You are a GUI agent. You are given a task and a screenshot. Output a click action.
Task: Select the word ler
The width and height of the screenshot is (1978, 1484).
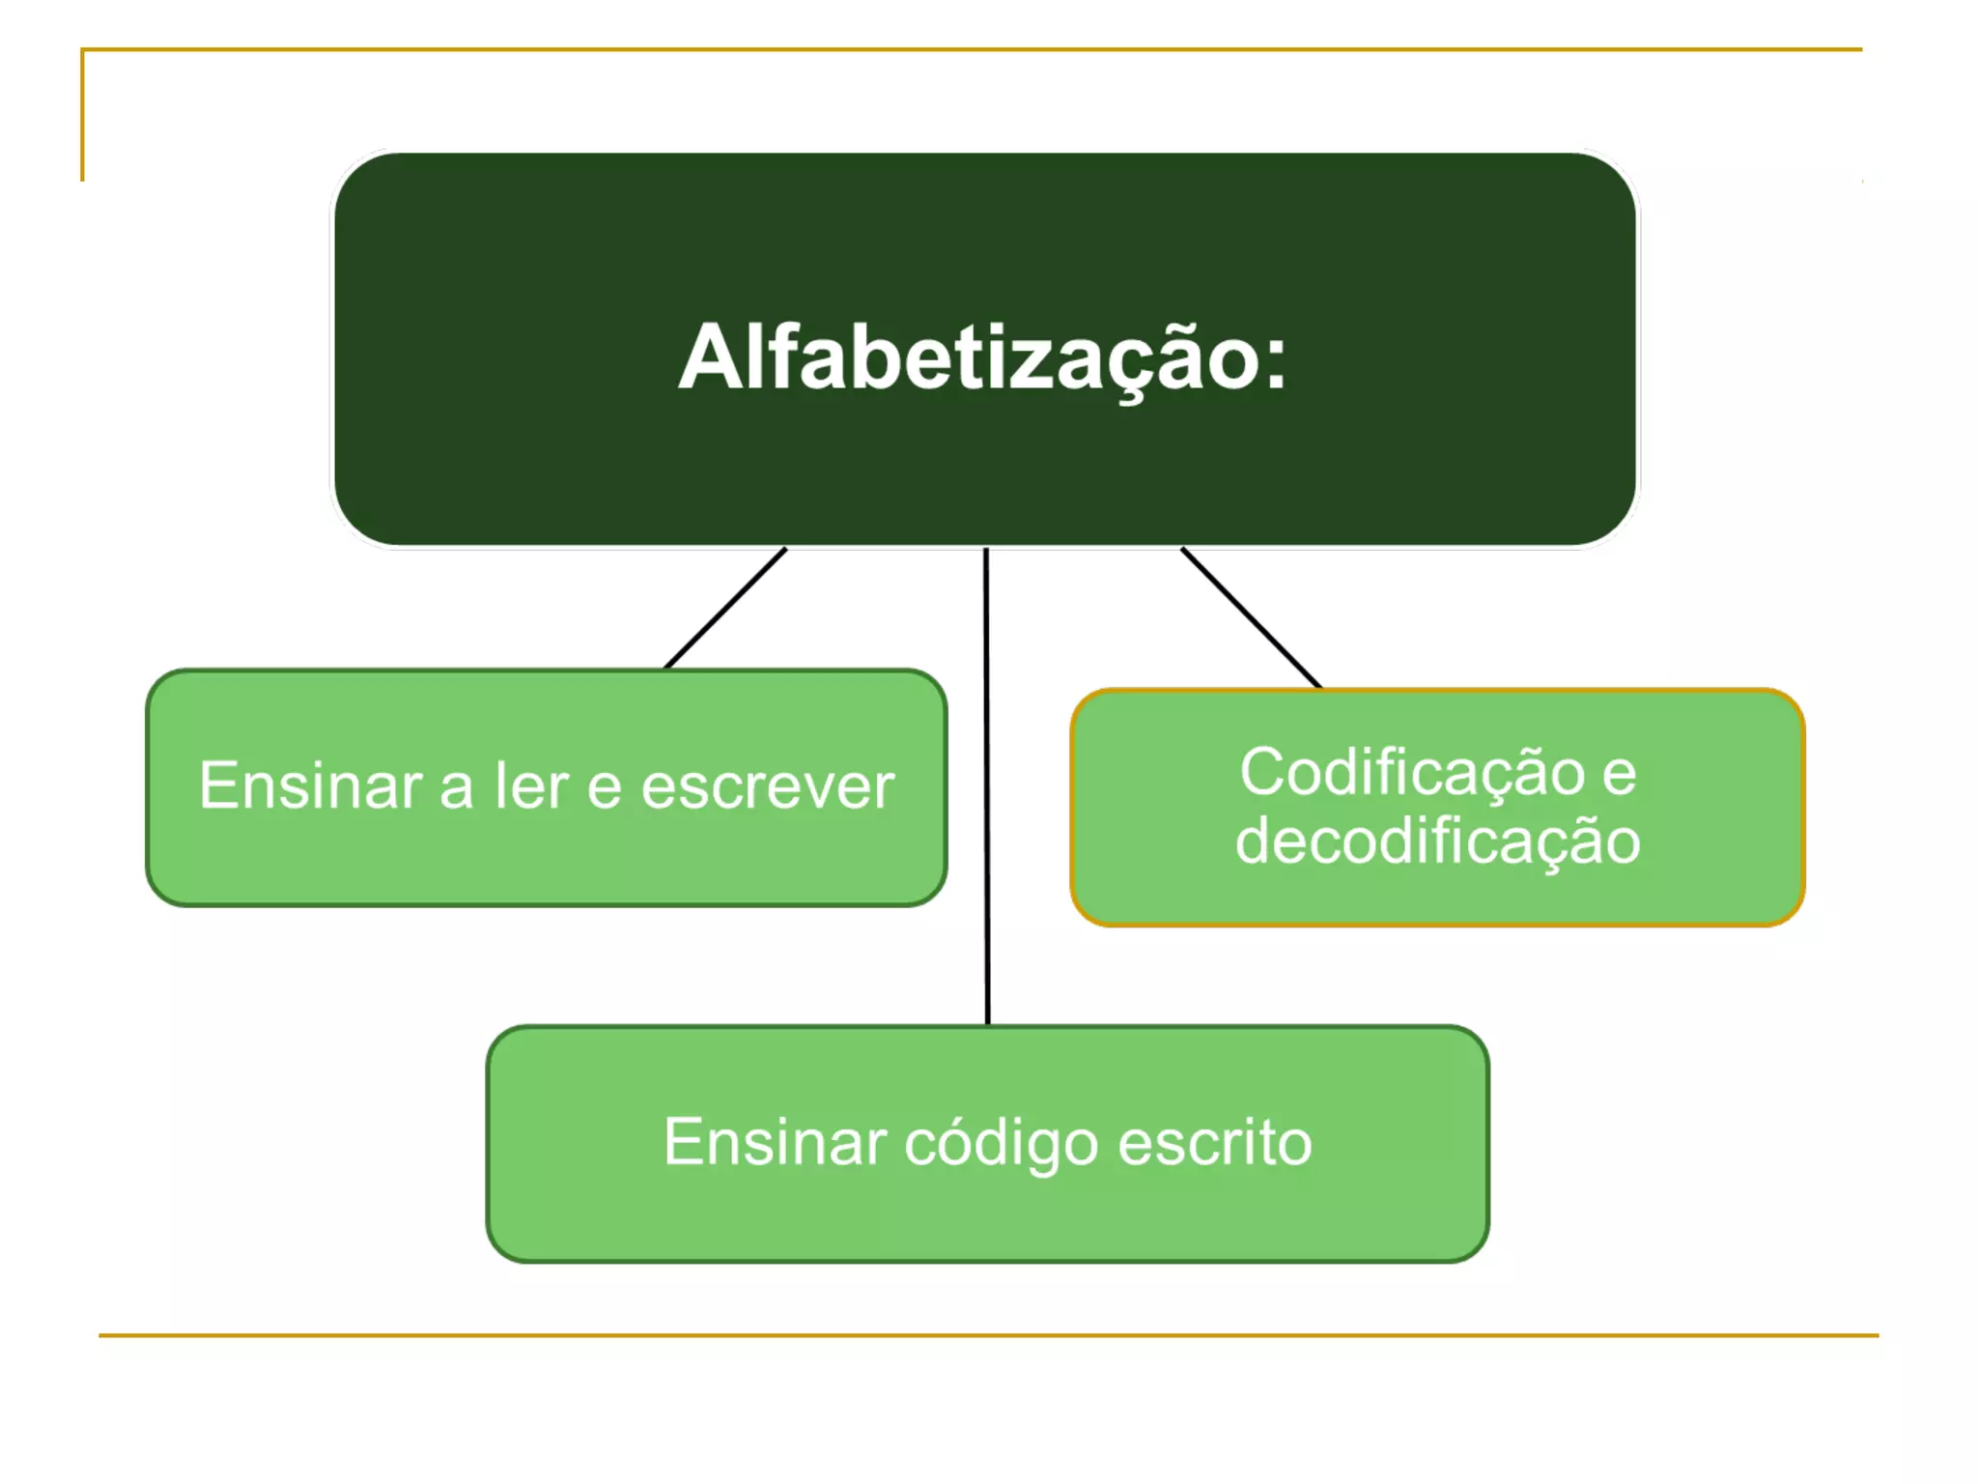pyautogui.click(x=530, y=785)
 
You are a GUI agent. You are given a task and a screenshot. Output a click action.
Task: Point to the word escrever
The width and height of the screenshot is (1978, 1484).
pyautogui.click(x=768, y=786)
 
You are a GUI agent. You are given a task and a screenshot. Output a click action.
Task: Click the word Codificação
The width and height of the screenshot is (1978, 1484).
pyautogui.click(x=1411, y=773)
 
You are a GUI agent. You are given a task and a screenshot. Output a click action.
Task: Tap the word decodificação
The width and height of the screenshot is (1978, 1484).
pyautogui.click(x=1437, y=841)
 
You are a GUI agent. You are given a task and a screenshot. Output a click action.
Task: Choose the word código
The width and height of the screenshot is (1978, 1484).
pyautogui.click(x=1002, y=1144)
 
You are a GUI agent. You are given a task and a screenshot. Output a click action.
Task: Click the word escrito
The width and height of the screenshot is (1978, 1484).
pyautogui.click(x=1215, y=1142)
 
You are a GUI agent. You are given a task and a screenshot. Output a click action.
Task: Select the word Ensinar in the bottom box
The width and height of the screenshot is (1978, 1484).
pyautogui.click(x=775, y=1142)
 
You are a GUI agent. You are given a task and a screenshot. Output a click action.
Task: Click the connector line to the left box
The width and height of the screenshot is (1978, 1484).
pyautogui.click(x=725, y=609)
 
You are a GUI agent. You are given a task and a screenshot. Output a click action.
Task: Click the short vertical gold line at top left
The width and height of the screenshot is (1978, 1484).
pyautogui.click(x=82, y=116)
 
